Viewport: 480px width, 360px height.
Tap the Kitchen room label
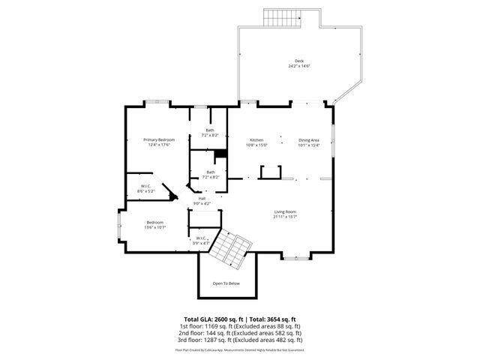(x=256, y=140)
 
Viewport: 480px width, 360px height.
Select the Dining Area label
(x=309, y=140)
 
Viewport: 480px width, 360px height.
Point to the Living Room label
(x=285, y=212)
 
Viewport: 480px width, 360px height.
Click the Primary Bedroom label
(x=159, y=140)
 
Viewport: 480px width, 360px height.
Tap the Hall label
(x=202, y=198)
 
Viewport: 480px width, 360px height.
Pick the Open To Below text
(x=226, y=283)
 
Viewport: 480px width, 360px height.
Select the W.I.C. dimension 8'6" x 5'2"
(x=147, y=191)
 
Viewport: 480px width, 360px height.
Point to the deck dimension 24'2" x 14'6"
(x=298, y=67)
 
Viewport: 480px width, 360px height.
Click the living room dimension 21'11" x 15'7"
(x=285, y=217)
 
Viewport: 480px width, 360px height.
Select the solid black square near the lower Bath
(x=220, y=155)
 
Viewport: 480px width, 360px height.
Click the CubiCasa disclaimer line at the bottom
(x=244, y=349)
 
